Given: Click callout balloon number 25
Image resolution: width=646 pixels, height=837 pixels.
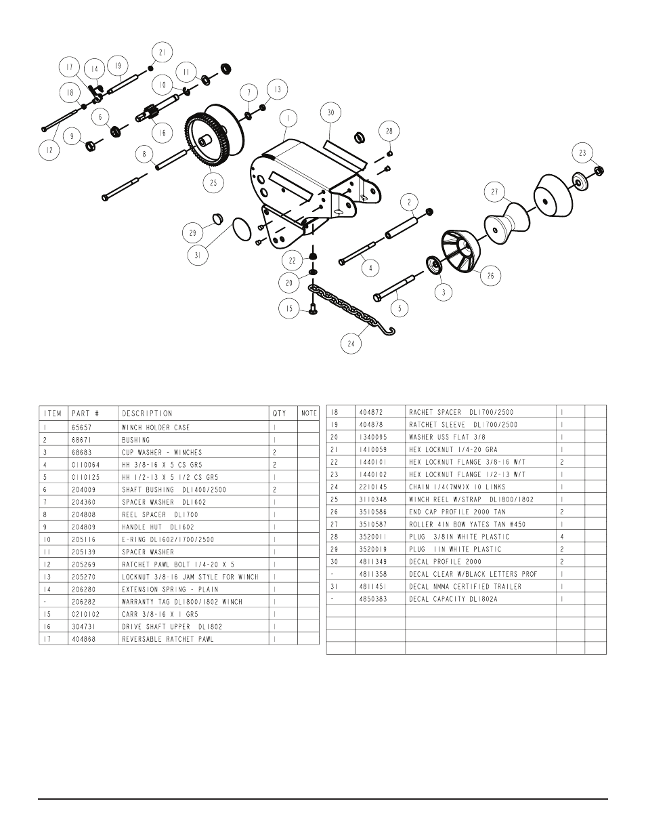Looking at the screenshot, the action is coord(213,182).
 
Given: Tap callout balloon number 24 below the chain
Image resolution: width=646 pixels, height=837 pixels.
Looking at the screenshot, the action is coord(351,344).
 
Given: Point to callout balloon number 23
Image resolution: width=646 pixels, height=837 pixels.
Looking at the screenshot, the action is coord(582,153).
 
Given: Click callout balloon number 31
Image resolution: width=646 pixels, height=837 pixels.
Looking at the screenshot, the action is coord(198,255).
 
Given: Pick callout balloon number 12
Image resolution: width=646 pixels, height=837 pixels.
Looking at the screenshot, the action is coord(49,150).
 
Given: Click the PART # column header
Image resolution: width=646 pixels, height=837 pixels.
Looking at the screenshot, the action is coord(85,413).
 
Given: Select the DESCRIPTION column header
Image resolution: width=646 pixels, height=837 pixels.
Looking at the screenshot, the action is coord(147,413).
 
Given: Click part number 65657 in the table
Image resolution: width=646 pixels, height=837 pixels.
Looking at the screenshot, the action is coord(82,428).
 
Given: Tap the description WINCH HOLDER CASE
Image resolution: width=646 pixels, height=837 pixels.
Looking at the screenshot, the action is coord(156,428).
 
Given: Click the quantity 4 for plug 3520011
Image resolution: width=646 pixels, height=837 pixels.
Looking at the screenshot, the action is coord(562,537).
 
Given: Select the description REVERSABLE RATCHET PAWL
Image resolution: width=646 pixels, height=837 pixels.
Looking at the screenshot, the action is coord(168,639).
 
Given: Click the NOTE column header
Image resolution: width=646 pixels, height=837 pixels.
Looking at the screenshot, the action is coord(309,413).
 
